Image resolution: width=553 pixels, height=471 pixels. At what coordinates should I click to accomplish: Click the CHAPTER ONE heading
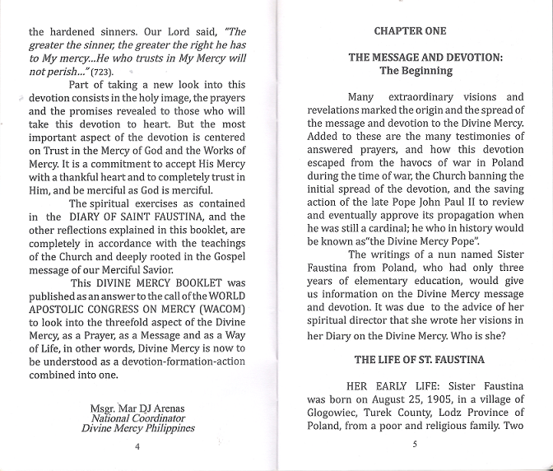point(410,31)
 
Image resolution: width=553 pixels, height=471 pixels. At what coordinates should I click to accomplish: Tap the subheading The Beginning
point(416,71)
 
